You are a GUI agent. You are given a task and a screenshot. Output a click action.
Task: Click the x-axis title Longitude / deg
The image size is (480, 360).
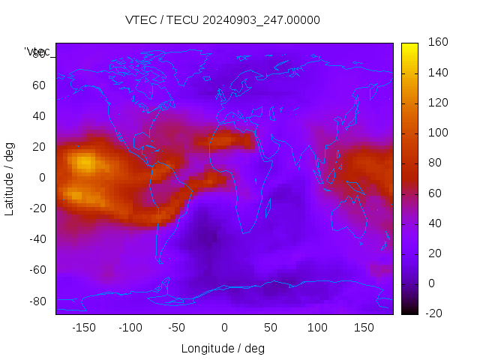tap(223, 348)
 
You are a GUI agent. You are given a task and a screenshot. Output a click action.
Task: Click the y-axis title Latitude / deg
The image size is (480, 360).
tap(10, 178)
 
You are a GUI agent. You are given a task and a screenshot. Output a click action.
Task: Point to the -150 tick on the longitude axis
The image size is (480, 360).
tap(83, 327)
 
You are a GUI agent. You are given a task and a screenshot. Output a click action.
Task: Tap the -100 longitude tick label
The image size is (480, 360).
tap(130, 327)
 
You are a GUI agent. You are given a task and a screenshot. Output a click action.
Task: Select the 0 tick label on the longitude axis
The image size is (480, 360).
tap(224, 327)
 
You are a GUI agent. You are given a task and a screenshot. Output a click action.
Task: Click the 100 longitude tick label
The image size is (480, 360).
tap(317, 327)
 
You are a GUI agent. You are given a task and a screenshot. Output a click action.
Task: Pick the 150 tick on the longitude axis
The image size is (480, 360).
tap(364, 327)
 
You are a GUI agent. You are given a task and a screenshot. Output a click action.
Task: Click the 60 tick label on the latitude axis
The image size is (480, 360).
tap(38, 85)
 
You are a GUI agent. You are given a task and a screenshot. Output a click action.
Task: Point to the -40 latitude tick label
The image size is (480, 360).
tap(36, 239)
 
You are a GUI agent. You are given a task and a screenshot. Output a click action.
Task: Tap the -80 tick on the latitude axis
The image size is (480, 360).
tap(36, 301)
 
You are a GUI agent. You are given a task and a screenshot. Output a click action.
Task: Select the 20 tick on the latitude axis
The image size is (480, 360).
tap(38, 146)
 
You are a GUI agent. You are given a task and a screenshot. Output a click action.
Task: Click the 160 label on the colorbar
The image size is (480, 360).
tap(437, 43)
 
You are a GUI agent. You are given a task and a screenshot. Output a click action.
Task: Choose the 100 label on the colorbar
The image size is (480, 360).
tap(437, 133)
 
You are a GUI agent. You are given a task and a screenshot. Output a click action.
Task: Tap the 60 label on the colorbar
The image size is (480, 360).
tap(434, 193)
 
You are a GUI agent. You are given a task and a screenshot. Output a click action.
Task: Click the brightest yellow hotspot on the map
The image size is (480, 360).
tap(84, 160)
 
